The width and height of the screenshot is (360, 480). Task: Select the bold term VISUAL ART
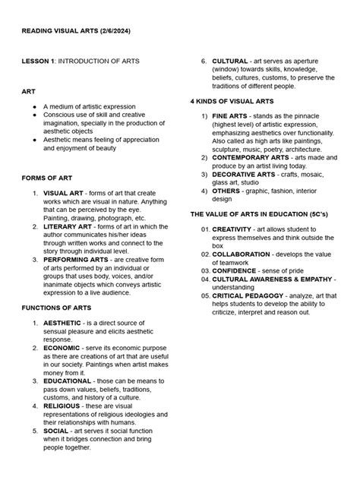(x=66, y=194)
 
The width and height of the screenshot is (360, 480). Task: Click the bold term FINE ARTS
(x=231, y=116)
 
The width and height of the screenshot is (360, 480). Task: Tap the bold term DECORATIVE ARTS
(x=244, y=174)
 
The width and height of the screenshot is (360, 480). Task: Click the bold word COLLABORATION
(x=244, y=254)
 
